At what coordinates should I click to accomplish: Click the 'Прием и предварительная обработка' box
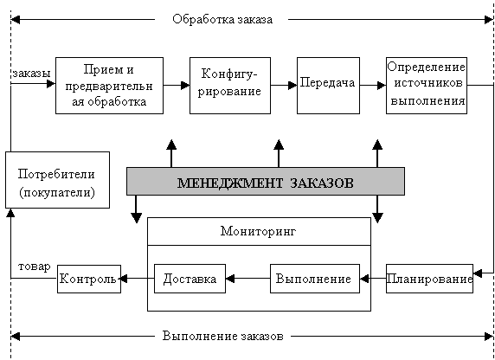109,86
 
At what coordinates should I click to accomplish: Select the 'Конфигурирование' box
230,86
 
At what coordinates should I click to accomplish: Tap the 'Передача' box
328,86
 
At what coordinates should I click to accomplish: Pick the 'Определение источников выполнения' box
427,86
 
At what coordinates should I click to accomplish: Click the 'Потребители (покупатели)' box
57,180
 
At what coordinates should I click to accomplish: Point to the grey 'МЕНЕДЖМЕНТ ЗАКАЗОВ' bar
266,181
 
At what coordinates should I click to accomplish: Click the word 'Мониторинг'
258,231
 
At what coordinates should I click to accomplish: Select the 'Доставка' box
190,279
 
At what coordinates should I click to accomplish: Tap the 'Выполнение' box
315,279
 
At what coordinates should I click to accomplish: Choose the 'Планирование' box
429,279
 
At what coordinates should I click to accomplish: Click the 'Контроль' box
89,279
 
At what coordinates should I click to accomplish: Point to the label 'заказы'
31,74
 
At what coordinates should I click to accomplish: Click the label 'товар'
34,267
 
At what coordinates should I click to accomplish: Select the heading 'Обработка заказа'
222,19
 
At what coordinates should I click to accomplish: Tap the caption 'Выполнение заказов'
223,336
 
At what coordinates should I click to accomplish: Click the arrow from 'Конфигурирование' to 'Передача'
284,86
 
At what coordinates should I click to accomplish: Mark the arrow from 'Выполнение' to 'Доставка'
247,279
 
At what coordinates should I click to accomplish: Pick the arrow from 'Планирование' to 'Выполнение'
373,279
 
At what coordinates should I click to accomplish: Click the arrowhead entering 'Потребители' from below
10,213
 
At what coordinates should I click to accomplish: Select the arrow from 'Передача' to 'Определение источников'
373,86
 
